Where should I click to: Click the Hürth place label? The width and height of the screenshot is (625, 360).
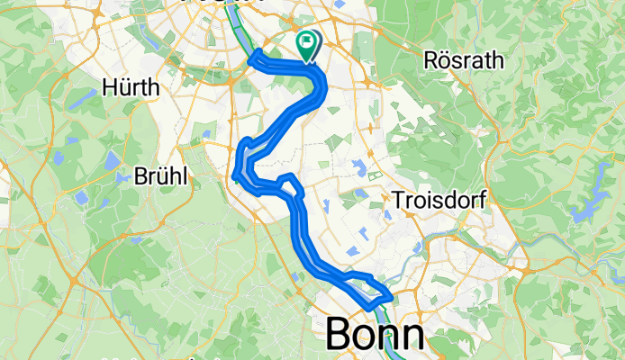[x=131, y=88]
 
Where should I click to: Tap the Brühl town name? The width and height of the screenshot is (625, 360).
[x=163, y=177]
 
